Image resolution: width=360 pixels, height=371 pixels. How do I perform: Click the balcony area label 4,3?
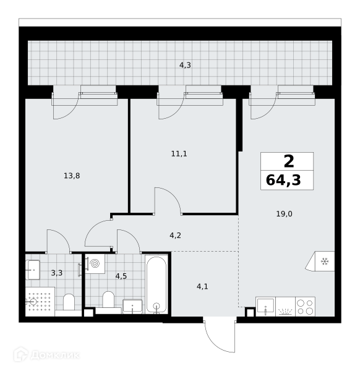coord(185,66)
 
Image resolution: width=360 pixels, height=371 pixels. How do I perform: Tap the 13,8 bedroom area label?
coord(72,176)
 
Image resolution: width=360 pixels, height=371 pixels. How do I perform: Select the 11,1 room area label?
coord(179,154)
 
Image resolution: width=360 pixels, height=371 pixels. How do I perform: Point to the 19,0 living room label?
coord(284,214)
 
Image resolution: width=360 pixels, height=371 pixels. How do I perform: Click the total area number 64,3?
coord(283,181)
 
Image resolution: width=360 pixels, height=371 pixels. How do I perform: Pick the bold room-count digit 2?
coord(289,161)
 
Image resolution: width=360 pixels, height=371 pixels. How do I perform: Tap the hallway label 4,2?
coord(175,236)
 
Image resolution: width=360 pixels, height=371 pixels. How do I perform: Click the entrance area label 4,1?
coord(202,287)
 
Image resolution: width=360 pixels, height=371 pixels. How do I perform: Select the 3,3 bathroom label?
coord(57,273)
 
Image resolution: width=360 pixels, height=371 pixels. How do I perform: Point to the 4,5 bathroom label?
coord(121,276)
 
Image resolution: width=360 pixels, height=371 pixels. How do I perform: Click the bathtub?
coord(156,284)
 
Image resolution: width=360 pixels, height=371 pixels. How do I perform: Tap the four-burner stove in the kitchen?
coord(306,307)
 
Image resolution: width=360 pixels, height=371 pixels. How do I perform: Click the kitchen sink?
coord(265,307)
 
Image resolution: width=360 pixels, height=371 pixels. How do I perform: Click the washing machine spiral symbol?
coord(95,263)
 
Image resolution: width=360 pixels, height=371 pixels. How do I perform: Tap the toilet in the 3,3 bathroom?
coord(69,302)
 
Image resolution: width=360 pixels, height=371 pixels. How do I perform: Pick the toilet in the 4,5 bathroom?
coord(108,299)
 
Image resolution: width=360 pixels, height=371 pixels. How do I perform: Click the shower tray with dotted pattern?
coord(40,302)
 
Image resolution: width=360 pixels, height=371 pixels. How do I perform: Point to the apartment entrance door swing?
coord(220,336)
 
